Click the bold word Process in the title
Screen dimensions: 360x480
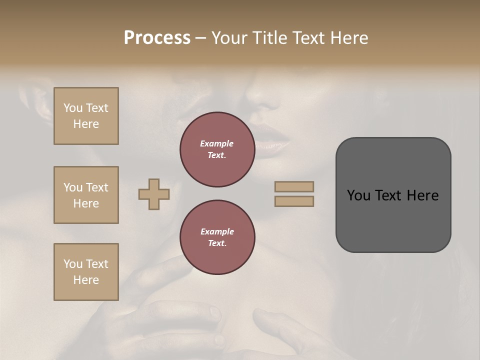click(x=157, y=38)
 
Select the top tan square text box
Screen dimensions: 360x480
click(x=86, y=116)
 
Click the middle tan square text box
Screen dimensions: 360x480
click(x=86, y=195)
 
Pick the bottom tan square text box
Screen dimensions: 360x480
click(x=86, y=272)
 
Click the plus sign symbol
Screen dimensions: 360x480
click(x=154, y=194)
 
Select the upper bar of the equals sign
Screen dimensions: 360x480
click(x=294, y=186)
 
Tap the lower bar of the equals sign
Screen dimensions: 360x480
click(x=294, y=201)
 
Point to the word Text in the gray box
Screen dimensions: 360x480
click(x=389, y=195)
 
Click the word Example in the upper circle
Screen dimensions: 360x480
click(x=216, y=143)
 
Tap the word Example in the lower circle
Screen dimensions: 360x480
click(x=217, y=231)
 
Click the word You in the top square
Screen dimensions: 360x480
click(x=73, y=108)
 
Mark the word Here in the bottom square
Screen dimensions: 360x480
click(x=86, y=280)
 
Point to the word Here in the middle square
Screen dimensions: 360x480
click(x=86, y=203)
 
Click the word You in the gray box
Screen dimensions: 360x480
click(x=358, y=195)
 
